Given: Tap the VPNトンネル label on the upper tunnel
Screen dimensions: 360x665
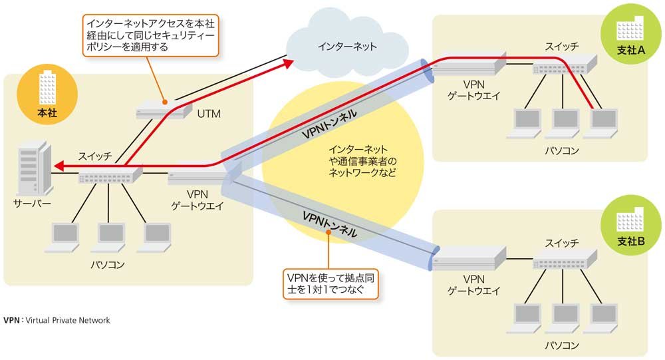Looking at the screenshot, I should (x=329, y=124).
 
